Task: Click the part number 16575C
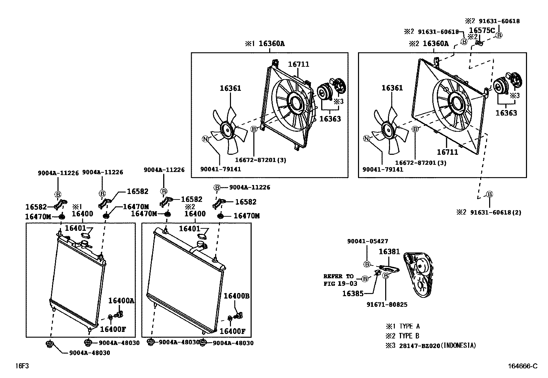[482, 30]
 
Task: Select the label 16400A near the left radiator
[121, 300]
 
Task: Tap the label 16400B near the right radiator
[236, 296]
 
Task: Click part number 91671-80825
[387, 304]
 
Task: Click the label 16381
[389, 252]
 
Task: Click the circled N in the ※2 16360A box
[367, 139]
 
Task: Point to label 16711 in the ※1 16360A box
[298, 64]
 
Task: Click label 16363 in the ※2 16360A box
[506, 113]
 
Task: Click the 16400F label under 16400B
[232, 331]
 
